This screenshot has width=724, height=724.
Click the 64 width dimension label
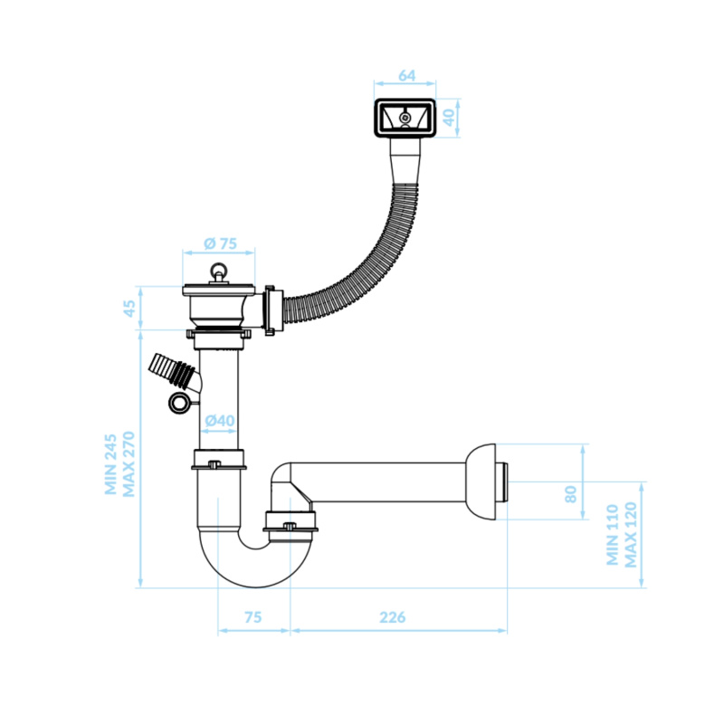click(406, 76)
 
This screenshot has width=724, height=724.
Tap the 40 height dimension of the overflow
click(449, 118)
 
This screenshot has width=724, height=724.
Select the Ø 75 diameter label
click(220, 243)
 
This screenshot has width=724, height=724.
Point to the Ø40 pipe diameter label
click(220, 421)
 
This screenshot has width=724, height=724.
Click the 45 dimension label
click(129, 309)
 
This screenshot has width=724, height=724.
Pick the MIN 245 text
click(110, 464)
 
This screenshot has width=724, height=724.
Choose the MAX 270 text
click(129, 464)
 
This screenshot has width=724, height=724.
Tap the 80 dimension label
click(571, 494)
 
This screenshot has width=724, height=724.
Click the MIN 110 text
click(613, 535)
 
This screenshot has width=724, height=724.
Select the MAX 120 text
click(630, 535)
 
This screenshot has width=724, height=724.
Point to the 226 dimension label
click(393, 617)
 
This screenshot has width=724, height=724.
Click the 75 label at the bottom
click(253, 617)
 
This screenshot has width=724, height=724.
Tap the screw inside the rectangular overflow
click(405, 119)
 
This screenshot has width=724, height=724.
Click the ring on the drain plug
click(218, 269)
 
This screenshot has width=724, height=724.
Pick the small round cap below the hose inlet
click(178, 403)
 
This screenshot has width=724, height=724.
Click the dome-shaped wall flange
click(481, 481)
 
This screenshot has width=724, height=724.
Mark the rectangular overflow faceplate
click(405, 119)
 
